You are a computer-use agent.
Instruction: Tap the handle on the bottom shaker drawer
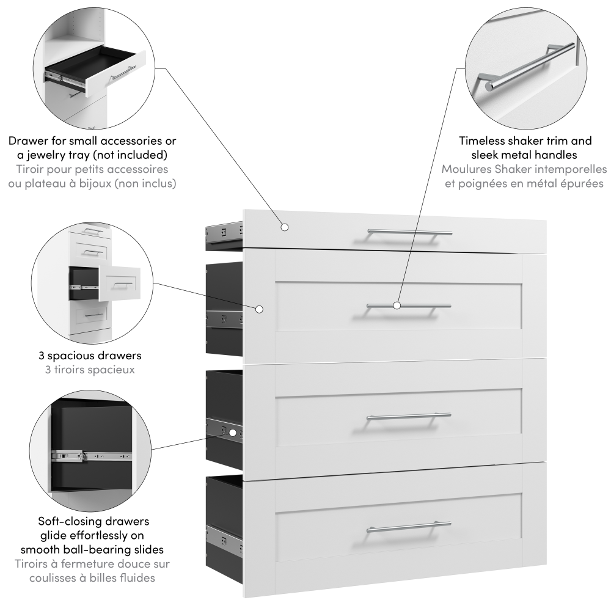[409, 527]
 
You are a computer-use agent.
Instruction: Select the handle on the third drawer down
[409, 417]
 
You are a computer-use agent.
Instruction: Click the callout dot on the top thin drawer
[285, 227]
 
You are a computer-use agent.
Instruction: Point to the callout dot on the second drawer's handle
[397, 305]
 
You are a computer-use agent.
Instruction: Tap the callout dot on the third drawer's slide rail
[233, 433]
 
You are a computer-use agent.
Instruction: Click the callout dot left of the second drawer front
[260, 309]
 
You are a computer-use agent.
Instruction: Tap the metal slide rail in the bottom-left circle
[92, 456]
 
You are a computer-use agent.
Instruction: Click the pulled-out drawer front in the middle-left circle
[120, 284]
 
